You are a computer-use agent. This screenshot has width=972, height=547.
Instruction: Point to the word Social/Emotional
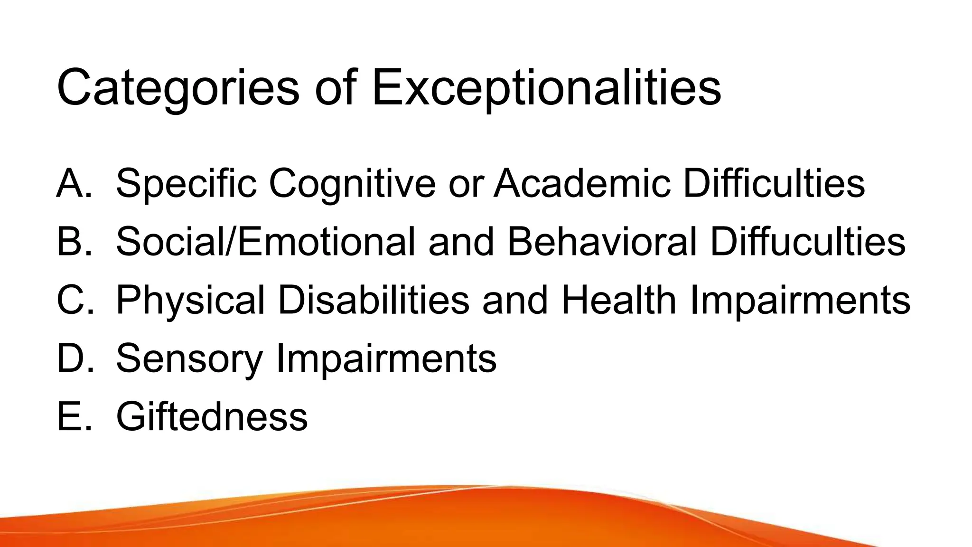[x=265, y=242]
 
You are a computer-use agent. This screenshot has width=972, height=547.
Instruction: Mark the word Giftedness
[x=212, y=417]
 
